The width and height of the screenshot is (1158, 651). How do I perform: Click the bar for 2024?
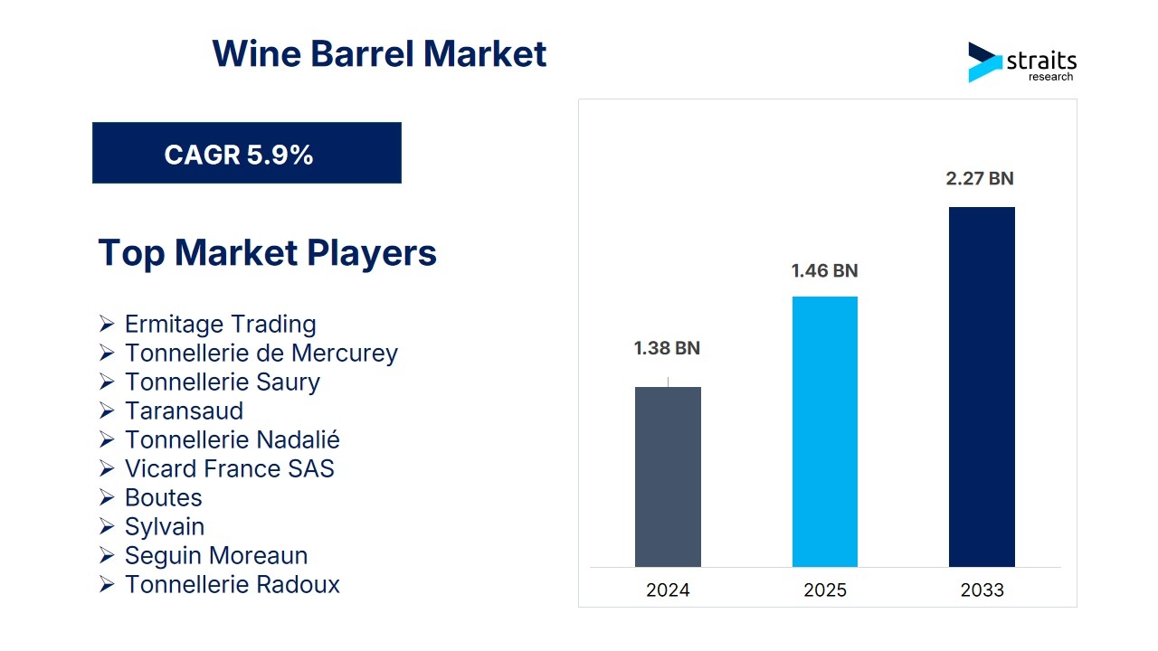click(x=668, y=476)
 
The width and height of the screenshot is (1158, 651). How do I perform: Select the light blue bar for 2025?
click(x=824, y=431)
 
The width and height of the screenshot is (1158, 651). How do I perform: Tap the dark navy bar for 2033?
click(x=982, y=386)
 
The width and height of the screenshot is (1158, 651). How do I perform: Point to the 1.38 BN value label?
click(x=667, y=348)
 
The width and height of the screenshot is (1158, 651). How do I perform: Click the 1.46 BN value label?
click(x=824, y=270)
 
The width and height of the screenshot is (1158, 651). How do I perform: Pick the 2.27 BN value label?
click(x=980, y=179)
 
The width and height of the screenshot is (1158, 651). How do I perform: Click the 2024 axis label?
click(x=668, y=590)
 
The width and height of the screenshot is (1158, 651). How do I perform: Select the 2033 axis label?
click(x=982, y=590)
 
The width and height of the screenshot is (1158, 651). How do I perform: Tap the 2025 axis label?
click(x=825, y=590)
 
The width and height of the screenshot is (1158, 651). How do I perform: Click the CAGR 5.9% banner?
click(x=247, y=153)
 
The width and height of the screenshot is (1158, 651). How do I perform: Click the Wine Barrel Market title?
click(x=379, y=53)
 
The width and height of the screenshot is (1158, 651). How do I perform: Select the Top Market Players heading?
click(x=267, y=253)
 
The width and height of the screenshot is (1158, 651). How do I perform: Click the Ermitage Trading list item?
click(x=220, y=325)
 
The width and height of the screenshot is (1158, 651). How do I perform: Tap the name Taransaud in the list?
click(x=184, y=411)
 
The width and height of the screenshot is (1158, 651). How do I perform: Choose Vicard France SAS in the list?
click(x=230, y=469)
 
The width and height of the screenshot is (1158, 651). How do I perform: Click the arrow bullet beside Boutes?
click(x=107, y=497)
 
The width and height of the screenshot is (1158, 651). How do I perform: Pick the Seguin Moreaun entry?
click(x=216, y=556)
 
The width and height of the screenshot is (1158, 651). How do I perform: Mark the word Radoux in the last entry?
click(x=298, y=585)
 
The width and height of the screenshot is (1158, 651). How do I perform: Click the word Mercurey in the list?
click(x=345, y=354)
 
